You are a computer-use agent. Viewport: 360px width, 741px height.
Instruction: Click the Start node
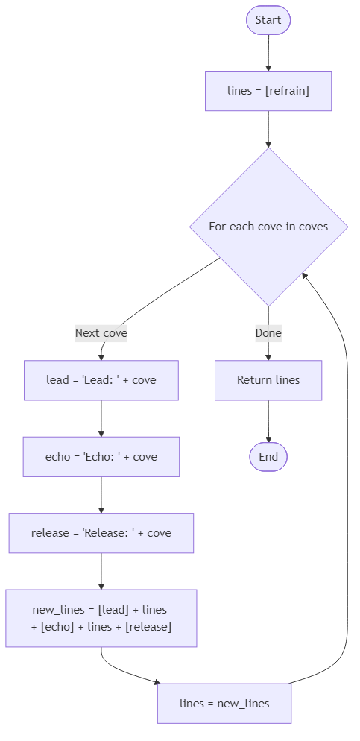click(268, 20)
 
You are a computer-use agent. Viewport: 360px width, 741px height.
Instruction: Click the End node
click(268, 457)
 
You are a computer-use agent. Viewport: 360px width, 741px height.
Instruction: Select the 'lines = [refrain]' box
click(268, 91)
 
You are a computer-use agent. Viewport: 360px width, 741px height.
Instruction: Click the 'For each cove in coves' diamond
click(268, 226)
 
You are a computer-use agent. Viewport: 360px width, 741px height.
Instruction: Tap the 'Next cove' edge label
click(101, 333)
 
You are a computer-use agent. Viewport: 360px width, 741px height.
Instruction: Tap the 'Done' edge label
click(268, 333)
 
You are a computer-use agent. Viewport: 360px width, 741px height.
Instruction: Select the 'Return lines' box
click(268, 380)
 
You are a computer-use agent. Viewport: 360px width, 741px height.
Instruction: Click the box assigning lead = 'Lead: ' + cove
click(101, 380)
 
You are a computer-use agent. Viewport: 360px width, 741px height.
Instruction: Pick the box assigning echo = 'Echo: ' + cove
click(101, 457)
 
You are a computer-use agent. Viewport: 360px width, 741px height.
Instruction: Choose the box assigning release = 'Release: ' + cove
click(101, 533)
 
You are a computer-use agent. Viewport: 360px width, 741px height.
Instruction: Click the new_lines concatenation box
click(101, 618)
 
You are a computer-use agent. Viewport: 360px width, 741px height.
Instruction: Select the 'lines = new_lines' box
click(224, 703)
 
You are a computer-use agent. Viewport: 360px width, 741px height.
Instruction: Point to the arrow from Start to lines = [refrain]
click(268, 53)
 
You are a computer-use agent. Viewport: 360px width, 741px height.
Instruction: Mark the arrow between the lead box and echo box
click(101, 418)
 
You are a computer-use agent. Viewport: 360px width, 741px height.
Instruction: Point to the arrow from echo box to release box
click(101, 494)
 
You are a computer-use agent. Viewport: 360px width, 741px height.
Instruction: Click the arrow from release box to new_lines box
click(101, 571)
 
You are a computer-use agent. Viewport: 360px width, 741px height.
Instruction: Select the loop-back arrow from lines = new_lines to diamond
click(347, 485)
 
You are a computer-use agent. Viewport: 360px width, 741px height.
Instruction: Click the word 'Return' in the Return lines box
click(253, 380)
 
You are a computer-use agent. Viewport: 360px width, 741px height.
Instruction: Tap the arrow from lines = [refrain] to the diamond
click(268, 129)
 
